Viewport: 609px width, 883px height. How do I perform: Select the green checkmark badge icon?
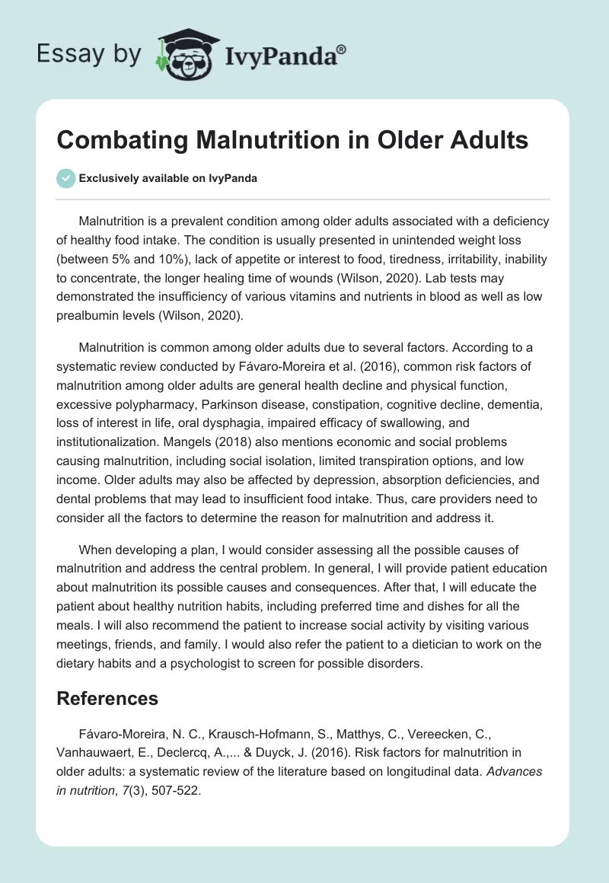pos(65,178)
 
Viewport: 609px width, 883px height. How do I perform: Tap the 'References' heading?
pos(107,698)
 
